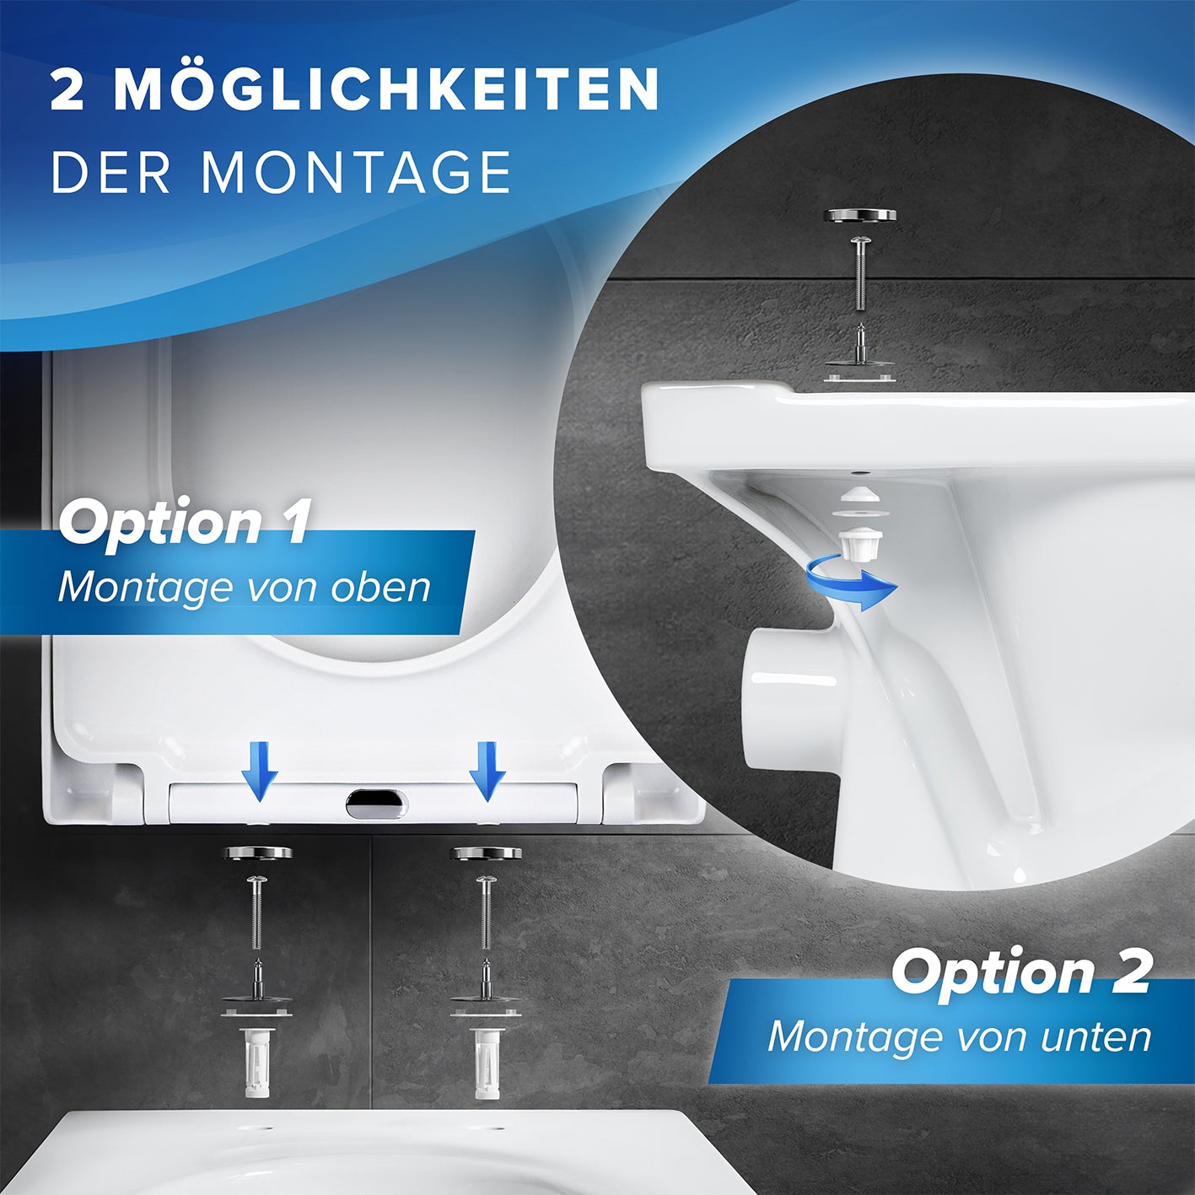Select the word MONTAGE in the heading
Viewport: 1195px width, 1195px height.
(x=356, y=173)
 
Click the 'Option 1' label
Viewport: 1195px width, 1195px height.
(x=185, y=522)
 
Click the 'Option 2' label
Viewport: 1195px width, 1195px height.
(x=1020, y=972)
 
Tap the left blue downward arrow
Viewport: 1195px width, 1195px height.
(x=259, y=771)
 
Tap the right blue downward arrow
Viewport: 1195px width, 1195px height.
(x=487, y=771)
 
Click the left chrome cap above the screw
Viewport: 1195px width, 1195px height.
(x=257, y=853)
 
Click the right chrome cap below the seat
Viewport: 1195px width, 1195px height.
(x=486, y=853)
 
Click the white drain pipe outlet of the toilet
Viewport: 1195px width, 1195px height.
(x=789, y=701)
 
